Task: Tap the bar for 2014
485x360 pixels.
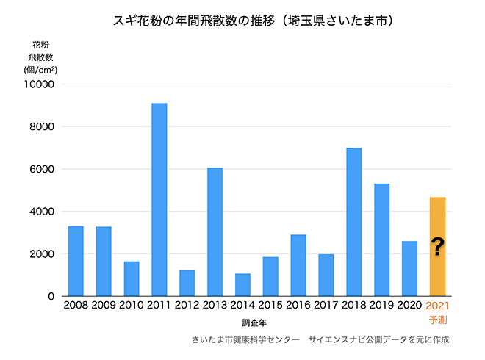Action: [242, 285]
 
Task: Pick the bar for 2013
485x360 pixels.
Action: [215, 232]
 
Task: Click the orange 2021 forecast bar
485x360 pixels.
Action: [437, 220]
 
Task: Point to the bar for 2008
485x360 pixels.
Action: [76, 261]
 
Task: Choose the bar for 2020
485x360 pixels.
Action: [409, 268]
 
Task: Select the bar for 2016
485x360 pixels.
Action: [298, 265]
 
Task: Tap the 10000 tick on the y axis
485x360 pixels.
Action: [41, 84]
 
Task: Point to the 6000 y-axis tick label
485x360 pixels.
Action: [43, 169]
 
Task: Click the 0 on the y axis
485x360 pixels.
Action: [52, 296]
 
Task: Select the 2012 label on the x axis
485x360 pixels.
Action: [187, 305]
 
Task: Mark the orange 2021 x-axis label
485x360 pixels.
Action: [438, 305]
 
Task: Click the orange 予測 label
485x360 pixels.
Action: [438, 320]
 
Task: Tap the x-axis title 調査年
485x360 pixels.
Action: [256, 322]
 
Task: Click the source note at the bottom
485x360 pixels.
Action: [320, 340]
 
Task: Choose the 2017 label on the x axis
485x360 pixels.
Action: [326, 305]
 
